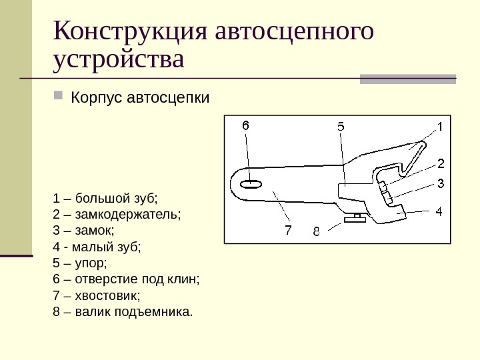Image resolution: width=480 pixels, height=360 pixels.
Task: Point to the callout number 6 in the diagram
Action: [x=245, y=125]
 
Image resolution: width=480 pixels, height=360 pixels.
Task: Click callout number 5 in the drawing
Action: [x=340, y=126]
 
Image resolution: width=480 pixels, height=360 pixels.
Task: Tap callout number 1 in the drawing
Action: [x=440, y=125]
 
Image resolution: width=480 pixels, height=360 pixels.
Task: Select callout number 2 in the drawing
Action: [x=441, y=163]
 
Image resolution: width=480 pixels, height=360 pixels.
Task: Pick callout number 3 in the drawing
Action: [x=441, y=183]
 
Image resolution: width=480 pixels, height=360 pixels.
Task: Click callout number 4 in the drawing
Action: [x=439, y=212]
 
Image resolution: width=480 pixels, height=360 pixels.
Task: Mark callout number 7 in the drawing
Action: [x=288, y=230]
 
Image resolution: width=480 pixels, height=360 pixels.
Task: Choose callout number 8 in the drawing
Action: [x=316, y=232]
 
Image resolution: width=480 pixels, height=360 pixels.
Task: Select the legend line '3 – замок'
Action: [x=83, y=231]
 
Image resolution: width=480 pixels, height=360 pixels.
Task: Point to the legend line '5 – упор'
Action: [x=79, y=263]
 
